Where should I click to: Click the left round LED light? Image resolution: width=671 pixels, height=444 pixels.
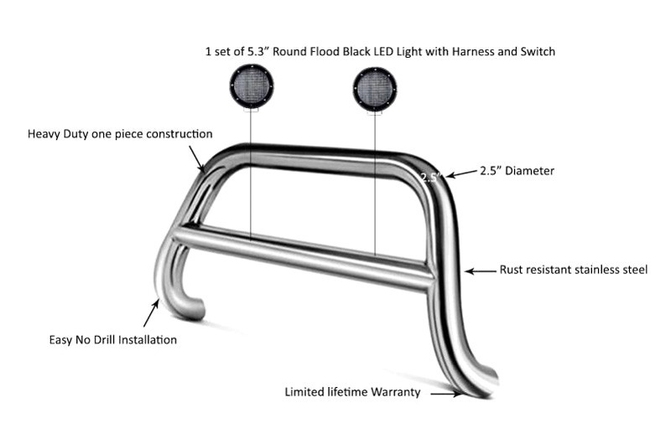pyautogui.click(x=251, y=87)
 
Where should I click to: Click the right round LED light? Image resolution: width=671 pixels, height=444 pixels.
pyautogui.click(x=375, y=89)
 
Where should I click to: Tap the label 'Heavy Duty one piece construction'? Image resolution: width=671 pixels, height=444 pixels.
pyautogui.click(x=120, y=134)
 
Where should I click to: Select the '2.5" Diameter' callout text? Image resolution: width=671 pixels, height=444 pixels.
pyautogui.click(x=517, y=171)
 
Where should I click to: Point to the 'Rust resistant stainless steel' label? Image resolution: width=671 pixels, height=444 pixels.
pyautogui.click(x=574, y=270)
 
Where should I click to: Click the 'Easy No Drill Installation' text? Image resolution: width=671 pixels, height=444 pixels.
pyautogui.click(x=113, y=340)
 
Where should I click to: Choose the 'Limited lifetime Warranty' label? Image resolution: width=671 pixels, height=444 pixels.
pyautogui.click(x=352, y=392)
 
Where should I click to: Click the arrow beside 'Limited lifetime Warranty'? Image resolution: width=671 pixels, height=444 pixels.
pyautogui.click(x=446, y=394)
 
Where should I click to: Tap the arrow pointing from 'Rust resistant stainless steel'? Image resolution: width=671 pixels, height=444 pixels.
pyautogui.click(x=481, y=271)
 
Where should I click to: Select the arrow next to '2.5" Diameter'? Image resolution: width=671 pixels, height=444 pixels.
pyautogui.click(x=461, y=173)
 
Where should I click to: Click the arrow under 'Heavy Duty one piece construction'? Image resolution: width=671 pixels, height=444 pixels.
pyautogui.click(x=197, y=158)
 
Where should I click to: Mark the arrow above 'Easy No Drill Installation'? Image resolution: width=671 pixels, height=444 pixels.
pyautogui.click(x=152, y=312)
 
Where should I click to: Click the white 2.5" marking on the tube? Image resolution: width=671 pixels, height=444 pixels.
pyautogui.click(x=429, y=178)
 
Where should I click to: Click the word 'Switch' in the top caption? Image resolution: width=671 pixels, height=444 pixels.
pyautogui.click(x=538, y=52)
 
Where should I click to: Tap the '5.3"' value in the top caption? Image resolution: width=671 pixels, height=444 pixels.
pyautogui.click(x=258, y=52)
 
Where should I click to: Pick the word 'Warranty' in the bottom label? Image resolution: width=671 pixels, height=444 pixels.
pyautogui.click(x=396, y=392)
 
